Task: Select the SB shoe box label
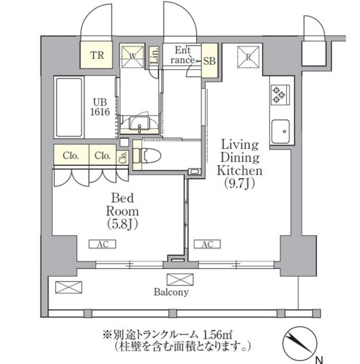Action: pyautogui.click(x=209, y=61)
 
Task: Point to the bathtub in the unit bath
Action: pyautogui.click(x=68, y=107)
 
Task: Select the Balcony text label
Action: pyautogui.click(x=171, y=292)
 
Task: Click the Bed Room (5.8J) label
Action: pyautogui.click(x=122, y=211)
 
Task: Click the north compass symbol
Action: pyautogui.click(x=298, y=342)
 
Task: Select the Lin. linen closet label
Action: pyautogui.click(x=155, y=55)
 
